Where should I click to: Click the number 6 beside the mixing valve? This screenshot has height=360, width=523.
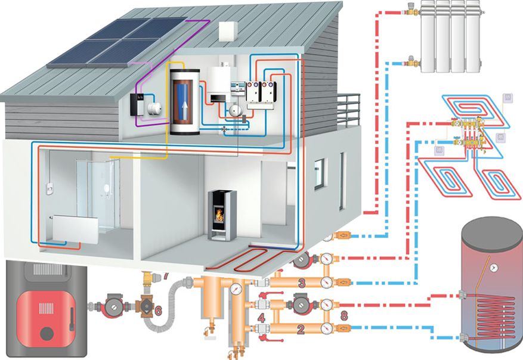tap(158, 311)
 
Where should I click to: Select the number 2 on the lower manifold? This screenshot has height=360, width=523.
tap(301, 328)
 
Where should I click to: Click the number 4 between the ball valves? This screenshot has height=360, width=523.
tap(261, 318)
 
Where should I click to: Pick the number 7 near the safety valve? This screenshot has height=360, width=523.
tap(166, 276)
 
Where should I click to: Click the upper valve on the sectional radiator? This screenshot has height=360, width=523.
tap(410, 11)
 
